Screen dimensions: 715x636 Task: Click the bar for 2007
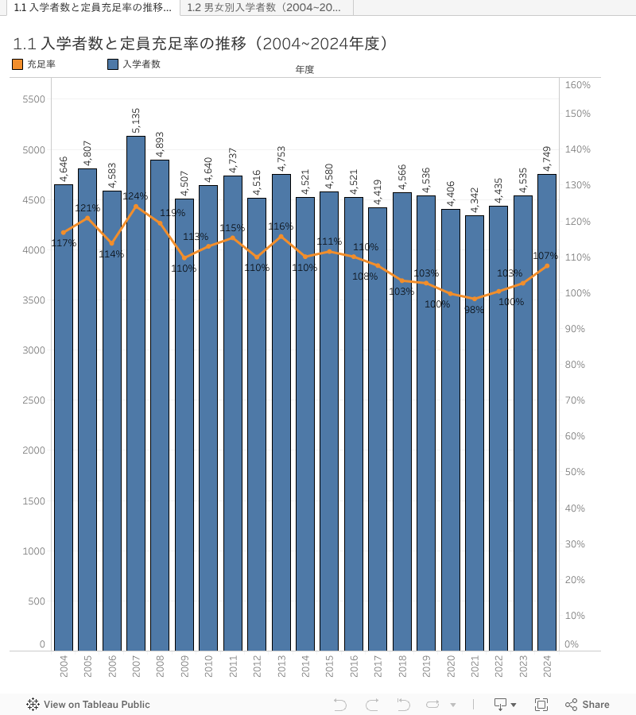pos(136,397)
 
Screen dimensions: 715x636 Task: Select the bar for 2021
pos(475,437)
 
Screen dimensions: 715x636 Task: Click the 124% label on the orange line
pos(135,196)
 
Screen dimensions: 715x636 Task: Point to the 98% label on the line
pos(474,311)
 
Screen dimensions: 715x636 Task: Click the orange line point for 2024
pos(547,265)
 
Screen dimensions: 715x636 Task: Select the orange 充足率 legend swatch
pos(18,64)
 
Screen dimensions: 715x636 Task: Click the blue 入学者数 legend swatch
pos(113,64)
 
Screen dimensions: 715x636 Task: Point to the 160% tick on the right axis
pos(577,85)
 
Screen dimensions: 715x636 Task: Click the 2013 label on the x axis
pos(281,667)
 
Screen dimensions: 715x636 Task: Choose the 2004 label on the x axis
pos(64,667)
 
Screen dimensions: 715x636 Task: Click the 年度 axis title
pos(304,70)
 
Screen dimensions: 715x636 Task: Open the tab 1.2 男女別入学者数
pos(264,8)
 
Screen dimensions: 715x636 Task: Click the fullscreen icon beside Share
pos(541,705)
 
